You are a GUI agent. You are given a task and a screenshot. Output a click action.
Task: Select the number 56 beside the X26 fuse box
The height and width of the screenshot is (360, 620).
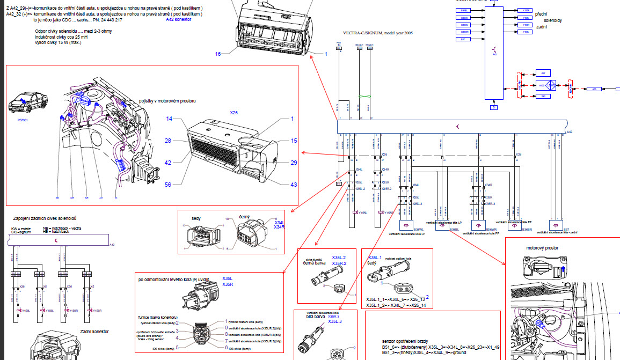168,184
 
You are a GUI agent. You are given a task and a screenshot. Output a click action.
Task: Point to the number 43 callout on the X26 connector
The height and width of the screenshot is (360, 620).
294,185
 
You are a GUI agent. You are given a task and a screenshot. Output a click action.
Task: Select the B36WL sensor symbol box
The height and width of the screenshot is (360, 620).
406,225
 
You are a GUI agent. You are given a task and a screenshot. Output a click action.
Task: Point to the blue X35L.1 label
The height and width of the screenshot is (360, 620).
374,258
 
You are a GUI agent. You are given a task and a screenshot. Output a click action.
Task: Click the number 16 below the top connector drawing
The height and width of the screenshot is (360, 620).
218,54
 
